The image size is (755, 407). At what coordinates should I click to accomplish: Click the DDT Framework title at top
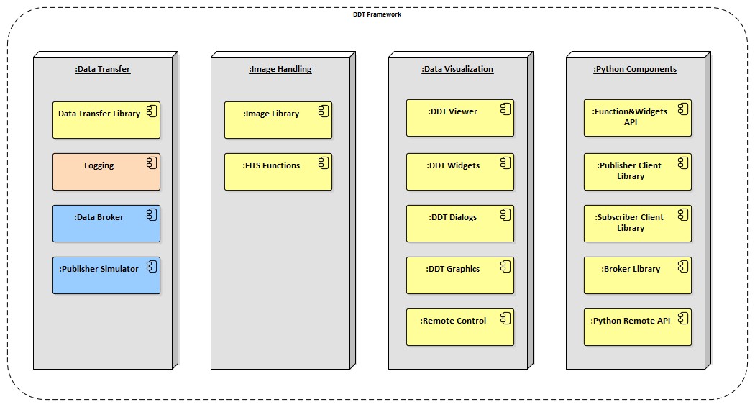[377, 14]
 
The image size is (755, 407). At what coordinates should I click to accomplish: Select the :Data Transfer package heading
[102, 69]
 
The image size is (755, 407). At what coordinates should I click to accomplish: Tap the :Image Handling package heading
[280, 69]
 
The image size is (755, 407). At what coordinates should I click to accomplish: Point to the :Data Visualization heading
[457, 69]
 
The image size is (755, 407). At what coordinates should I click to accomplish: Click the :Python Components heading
[635, 69]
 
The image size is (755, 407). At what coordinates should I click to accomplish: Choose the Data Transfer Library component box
[106, 119]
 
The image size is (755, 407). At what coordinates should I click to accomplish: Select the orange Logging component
[106, 171]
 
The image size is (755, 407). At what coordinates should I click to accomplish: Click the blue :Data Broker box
[106, 223]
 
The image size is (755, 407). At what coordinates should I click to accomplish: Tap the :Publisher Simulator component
[106, 275]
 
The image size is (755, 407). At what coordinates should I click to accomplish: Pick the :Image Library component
[278, 119]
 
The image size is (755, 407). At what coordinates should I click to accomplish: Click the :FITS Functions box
[278, 171]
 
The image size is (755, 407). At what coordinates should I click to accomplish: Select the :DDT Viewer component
[460, 117]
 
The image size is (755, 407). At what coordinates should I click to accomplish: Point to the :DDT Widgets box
[460, 171]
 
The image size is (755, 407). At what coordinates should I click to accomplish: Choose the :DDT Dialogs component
[460, 223]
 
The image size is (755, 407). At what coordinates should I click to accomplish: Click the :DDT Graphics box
[460, 275]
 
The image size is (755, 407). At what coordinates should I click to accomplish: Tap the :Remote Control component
[460, 326]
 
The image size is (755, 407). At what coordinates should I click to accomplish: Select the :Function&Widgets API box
[638, 117]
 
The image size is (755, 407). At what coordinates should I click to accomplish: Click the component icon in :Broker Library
[682, 267]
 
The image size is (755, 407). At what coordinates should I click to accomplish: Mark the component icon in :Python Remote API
[682, 319]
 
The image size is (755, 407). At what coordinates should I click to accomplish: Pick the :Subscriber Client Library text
[630, 222]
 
